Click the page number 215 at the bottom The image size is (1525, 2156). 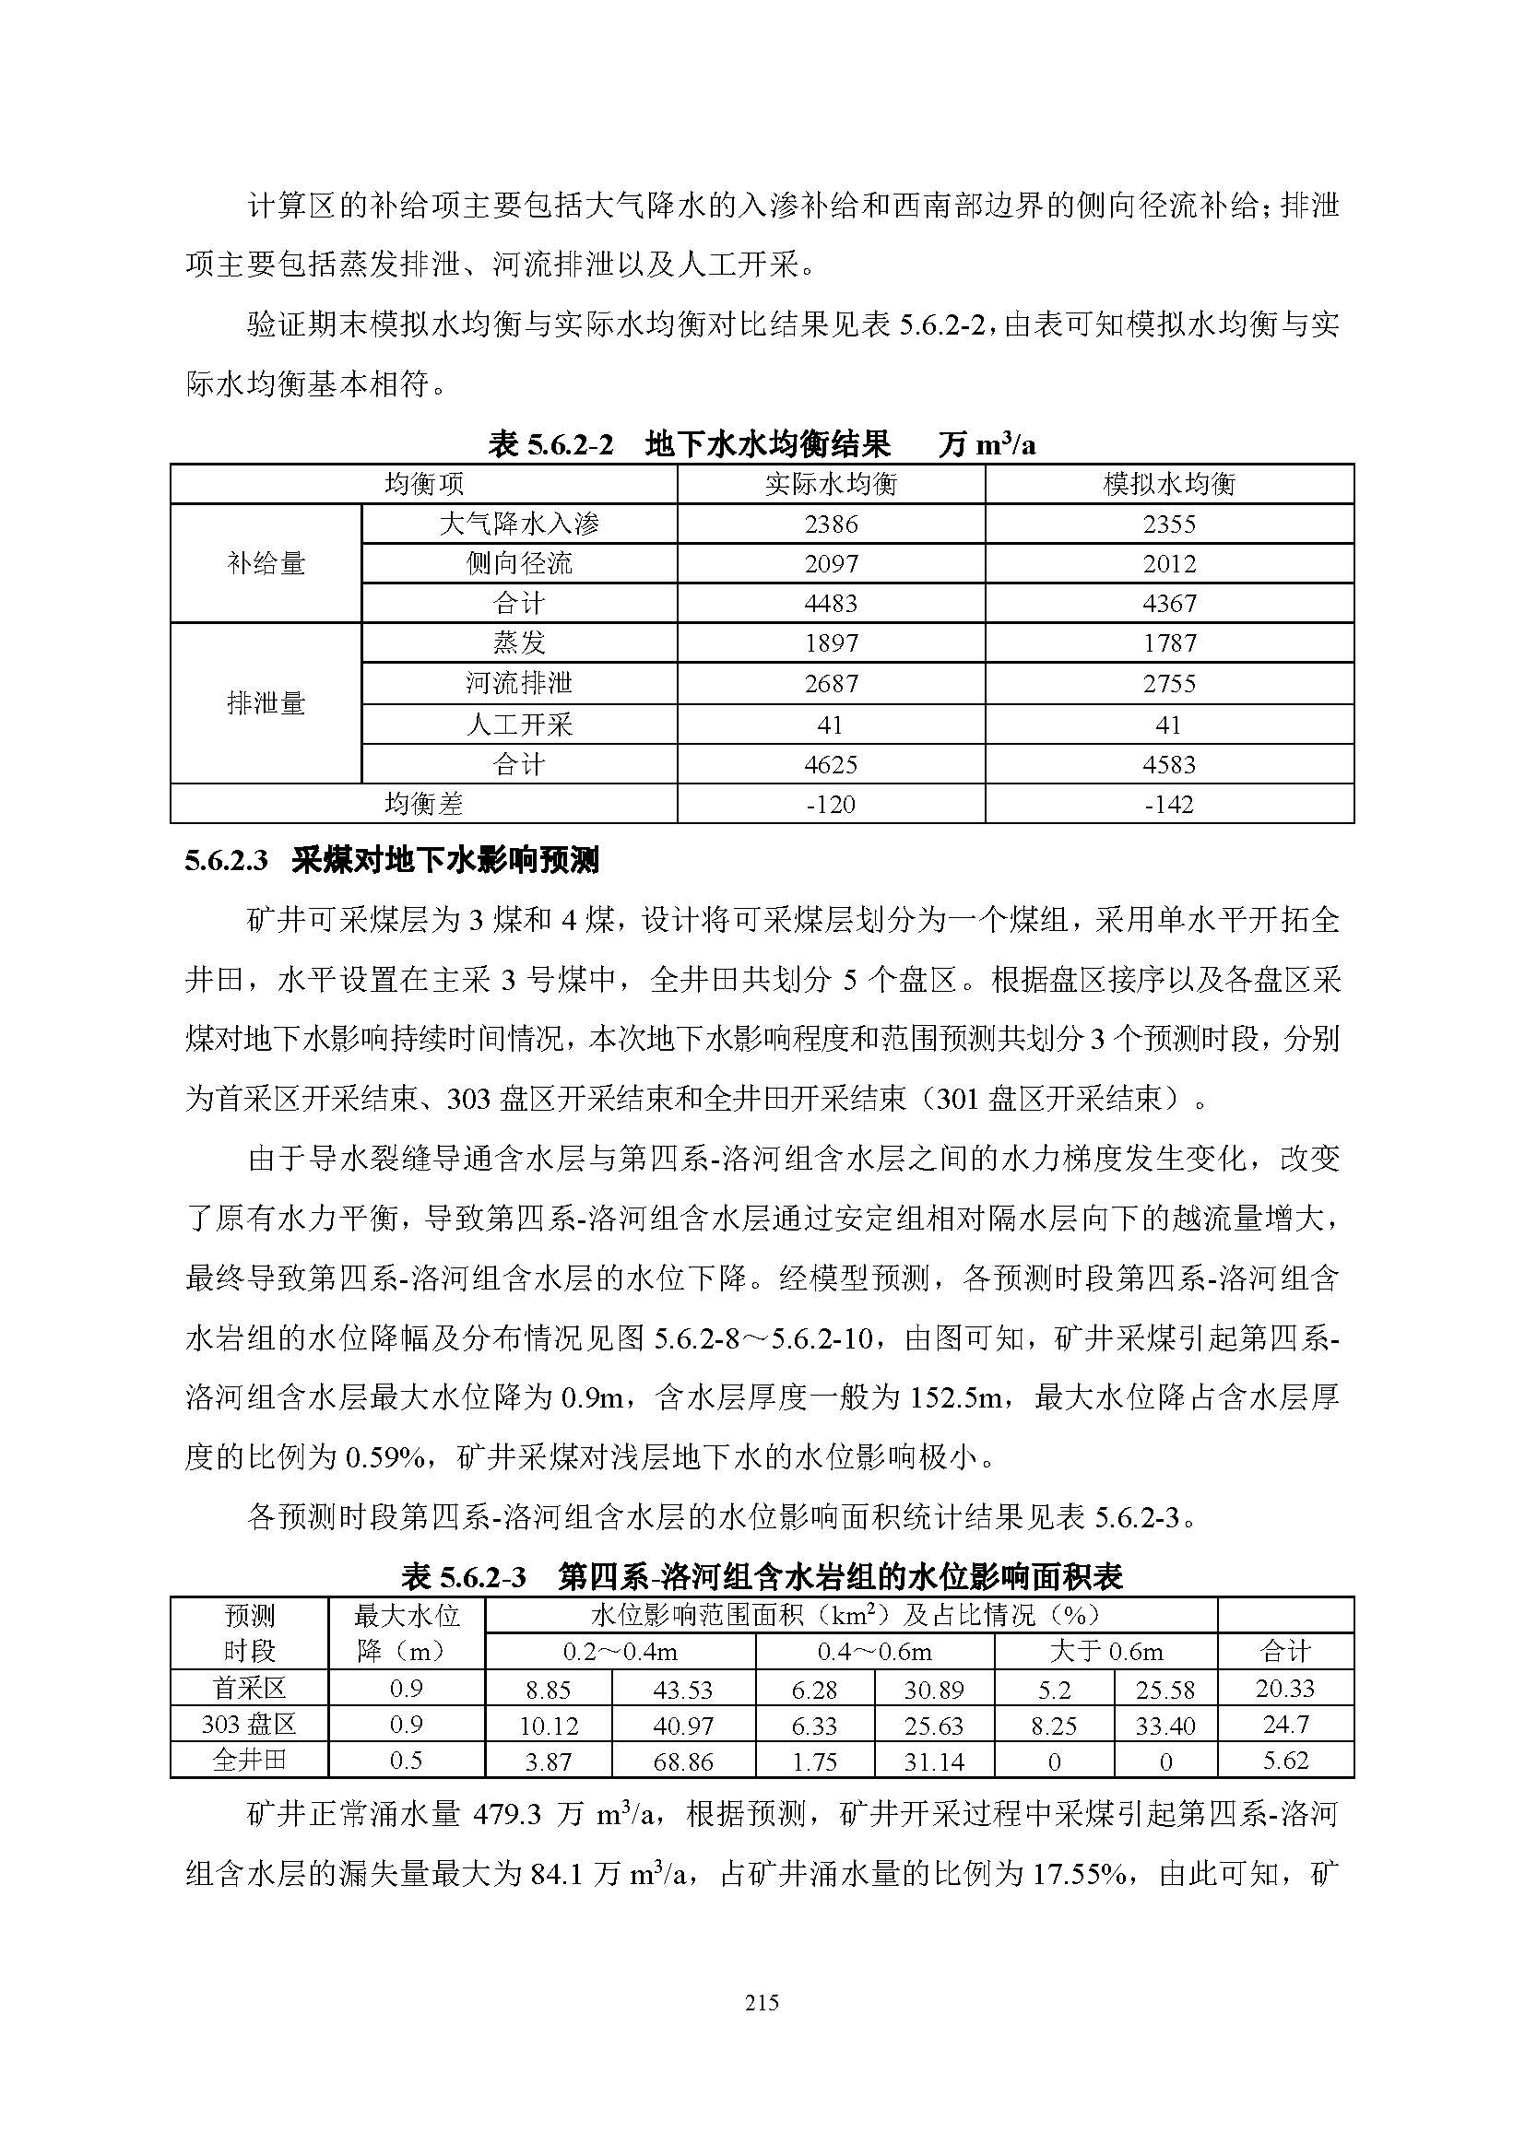762,2002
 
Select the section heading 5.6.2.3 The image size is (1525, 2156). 392,860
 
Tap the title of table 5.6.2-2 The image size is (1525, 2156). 762,444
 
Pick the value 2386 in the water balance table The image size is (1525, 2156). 831,524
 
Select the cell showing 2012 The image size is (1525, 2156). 1169,563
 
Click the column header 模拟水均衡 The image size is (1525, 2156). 1169,484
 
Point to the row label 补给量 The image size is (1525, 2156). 266,563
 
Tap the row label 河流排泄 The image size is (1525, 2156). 518,683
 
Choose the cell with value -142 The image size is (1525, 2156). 1169,804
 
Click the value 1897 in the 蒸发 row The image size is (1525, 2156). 831,643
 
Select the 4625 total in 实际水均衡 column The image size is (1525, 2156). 831,764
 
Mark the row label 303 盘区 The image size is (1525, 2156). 249,1725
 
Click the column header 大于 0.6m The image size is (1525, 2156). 1105,1652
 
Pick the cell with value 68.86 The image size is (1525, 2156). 682,1761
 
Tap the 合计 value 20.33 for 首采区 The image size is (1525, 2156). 1284,1689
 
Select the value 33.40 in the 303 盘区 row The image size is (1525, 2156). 1164,1726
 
